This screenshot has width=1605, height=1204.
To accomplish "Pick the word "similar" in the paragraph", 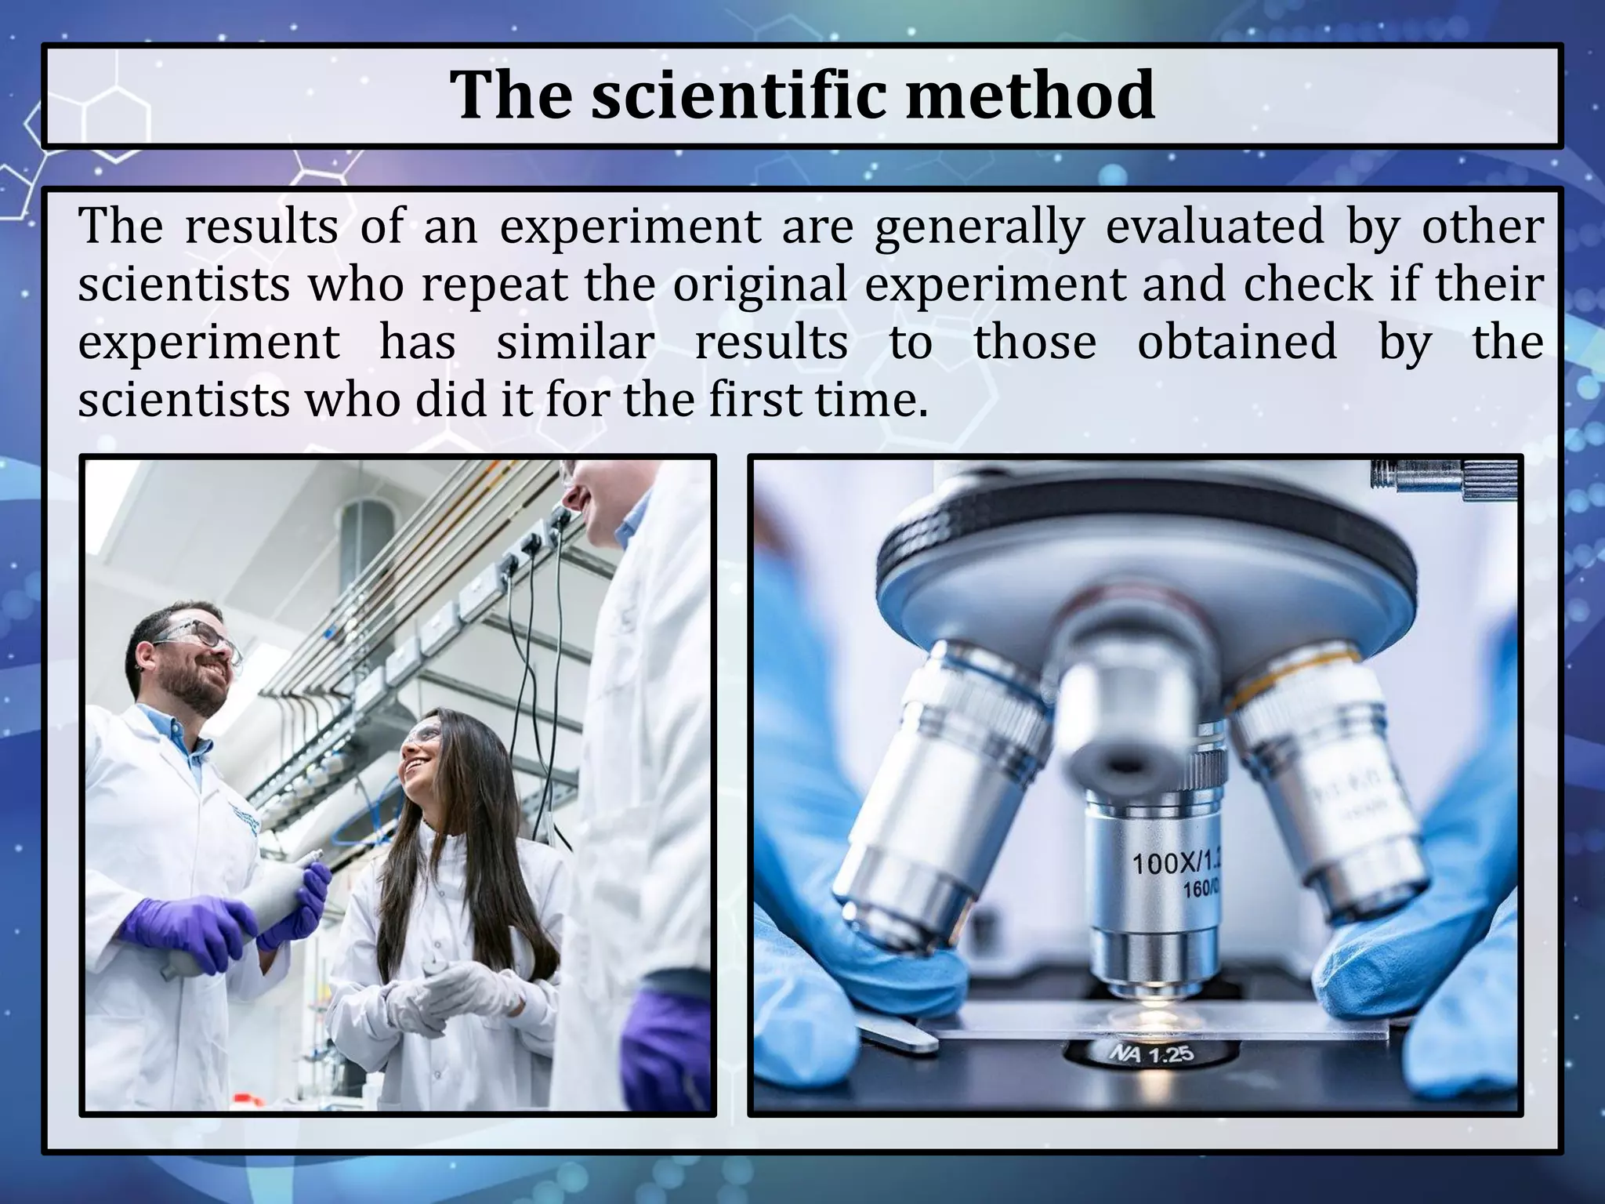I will tap(575, 343).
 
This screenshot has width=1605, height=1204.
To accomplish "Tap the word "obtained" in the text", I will tap(1237, 343).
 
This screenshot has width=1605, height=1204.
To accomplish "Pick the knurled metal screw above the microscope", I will tap(1442, 477).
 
